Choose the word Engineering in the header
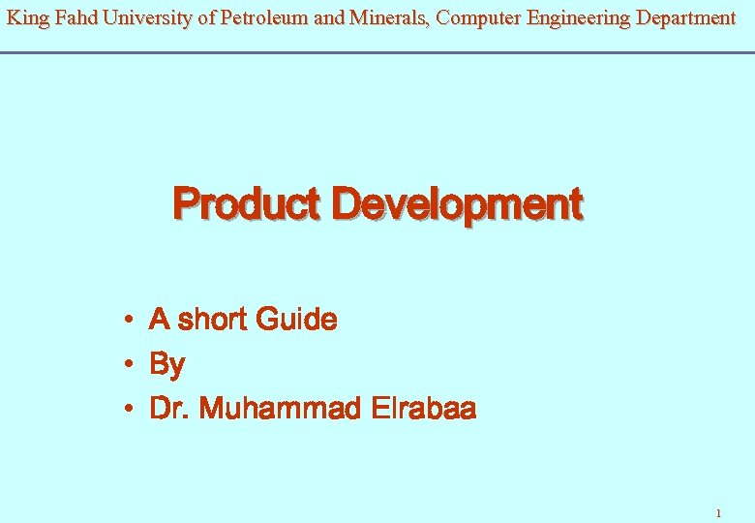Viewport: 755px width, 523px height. [x=578, y=17]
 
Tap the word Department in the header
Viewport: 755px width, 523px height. [x=685, y=17]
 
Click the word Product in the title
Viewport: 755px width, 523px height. [x=247, y=205]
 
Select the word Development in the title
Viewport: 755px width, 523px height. [x=456, y=205]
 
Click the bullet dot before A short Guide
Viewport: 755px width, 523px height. [x=128, y=320]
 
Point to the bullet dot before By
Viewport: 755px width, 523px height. [x=128, y=365]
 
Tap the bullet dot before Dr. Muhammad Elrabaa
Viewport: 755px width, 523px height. [x=128, y=410]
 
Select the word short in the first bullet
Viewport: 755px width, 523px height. [x=211, y=320]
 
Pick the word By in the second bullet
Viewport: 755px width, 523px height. [x=166, y=365]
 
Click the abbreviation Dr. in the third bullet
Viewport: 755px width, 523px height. [x=169, y=410]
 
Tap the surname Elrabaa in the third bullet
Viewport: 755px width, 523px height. [x=423, y=410]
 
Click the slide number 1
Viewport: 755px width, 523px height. [x=717, y=512]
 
